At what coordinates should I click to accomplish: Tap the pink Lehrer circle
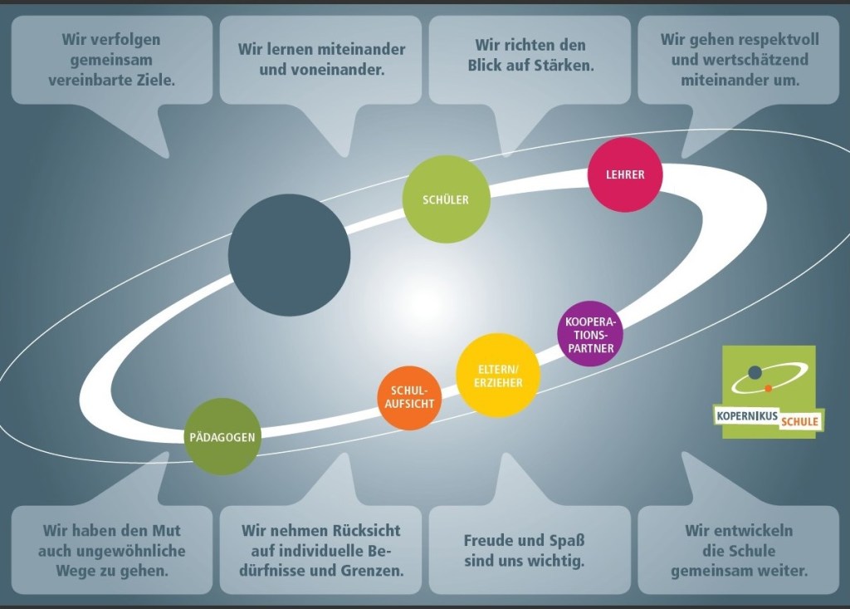pyautogui.click(x=625, y=175)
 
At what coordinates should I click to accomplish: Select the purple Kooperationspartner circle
pyautogui.click(x=590, y=334)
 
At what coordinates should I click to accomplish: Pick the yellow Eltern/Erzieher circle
pyautogui.click(x=500, y=376)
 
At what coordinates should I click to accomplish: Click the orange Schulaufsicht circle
pyautogui.click(x=409, y=398)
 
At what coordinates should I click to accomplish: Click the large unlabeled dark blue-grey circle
pyautogui.click(x=289, y=255)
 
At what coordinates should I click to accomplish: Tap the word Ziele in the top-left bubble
pyautogui.click(x=159, y=81)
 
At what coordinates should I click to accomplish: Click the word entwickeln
pyautogui.click(x=739, y=530)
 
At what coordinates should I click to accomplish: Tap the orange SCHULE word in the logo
pyautogui.click(x=799, y=422)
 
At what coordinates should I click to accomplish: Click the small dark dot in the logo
pyautogui.click(x=755, y=372)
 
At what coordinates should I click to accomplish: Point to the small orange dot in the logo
pyautogui.click(x=769, y=388)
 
